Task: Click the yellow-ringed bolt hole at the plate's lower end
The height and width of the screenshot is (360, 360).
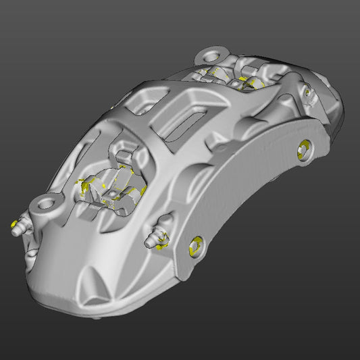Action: click(196, 247)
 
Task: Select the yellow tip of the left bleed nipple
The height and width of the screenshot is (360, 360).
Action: click(15, 224)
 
